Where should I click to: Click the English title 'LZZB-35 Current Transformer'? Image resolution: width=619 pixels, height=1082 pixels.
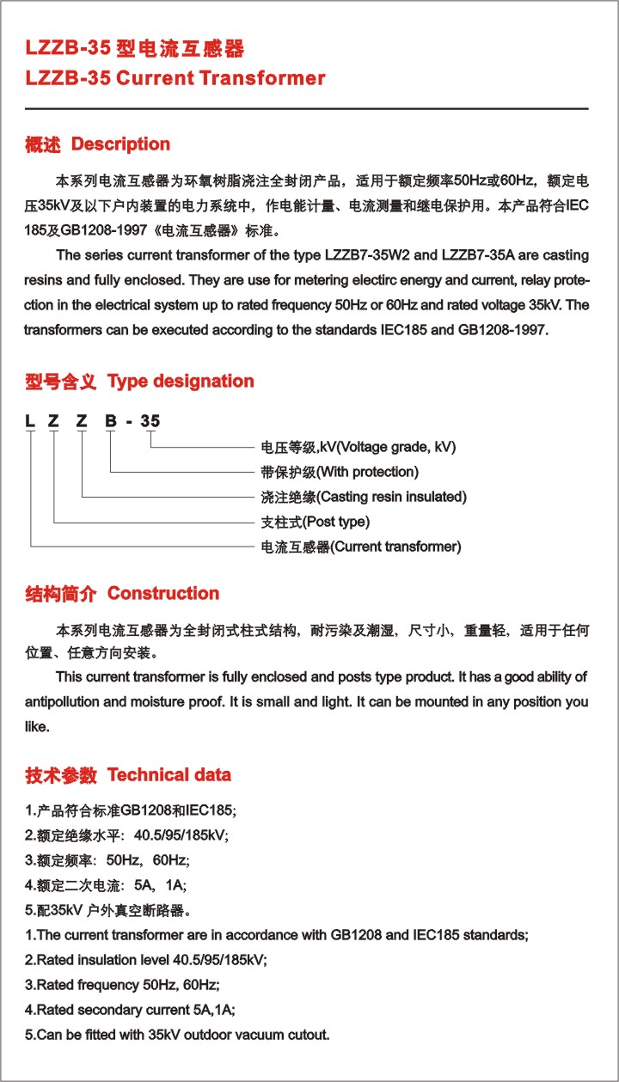[175, 78]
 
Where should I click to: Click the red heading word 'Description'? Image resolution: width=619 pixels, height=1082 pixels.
[120, 144]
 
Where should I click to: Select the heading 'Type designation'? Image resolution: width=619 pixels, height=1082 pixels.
[181, 381]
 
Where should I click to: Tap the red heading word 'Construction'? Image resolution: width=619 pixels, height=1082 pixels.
[163, 593]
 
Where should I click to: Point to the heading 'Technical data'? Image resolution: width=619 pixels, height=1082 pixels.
[169, 774]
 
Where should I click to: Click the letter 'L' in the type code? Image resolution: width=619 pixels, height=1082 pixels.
[29, 421]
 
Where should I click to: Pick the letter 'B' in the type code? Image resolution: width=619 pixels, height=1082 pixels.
[110, 421]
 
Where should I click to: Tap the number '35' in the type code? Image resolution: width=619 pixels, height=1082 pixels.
[150, 421]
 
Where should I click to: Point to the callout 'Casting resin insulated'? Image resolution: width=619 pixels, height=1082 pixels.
[392, 497]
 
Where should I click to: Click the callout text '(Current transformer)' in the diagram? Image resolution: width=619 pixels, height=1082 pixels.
[396, 547]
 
